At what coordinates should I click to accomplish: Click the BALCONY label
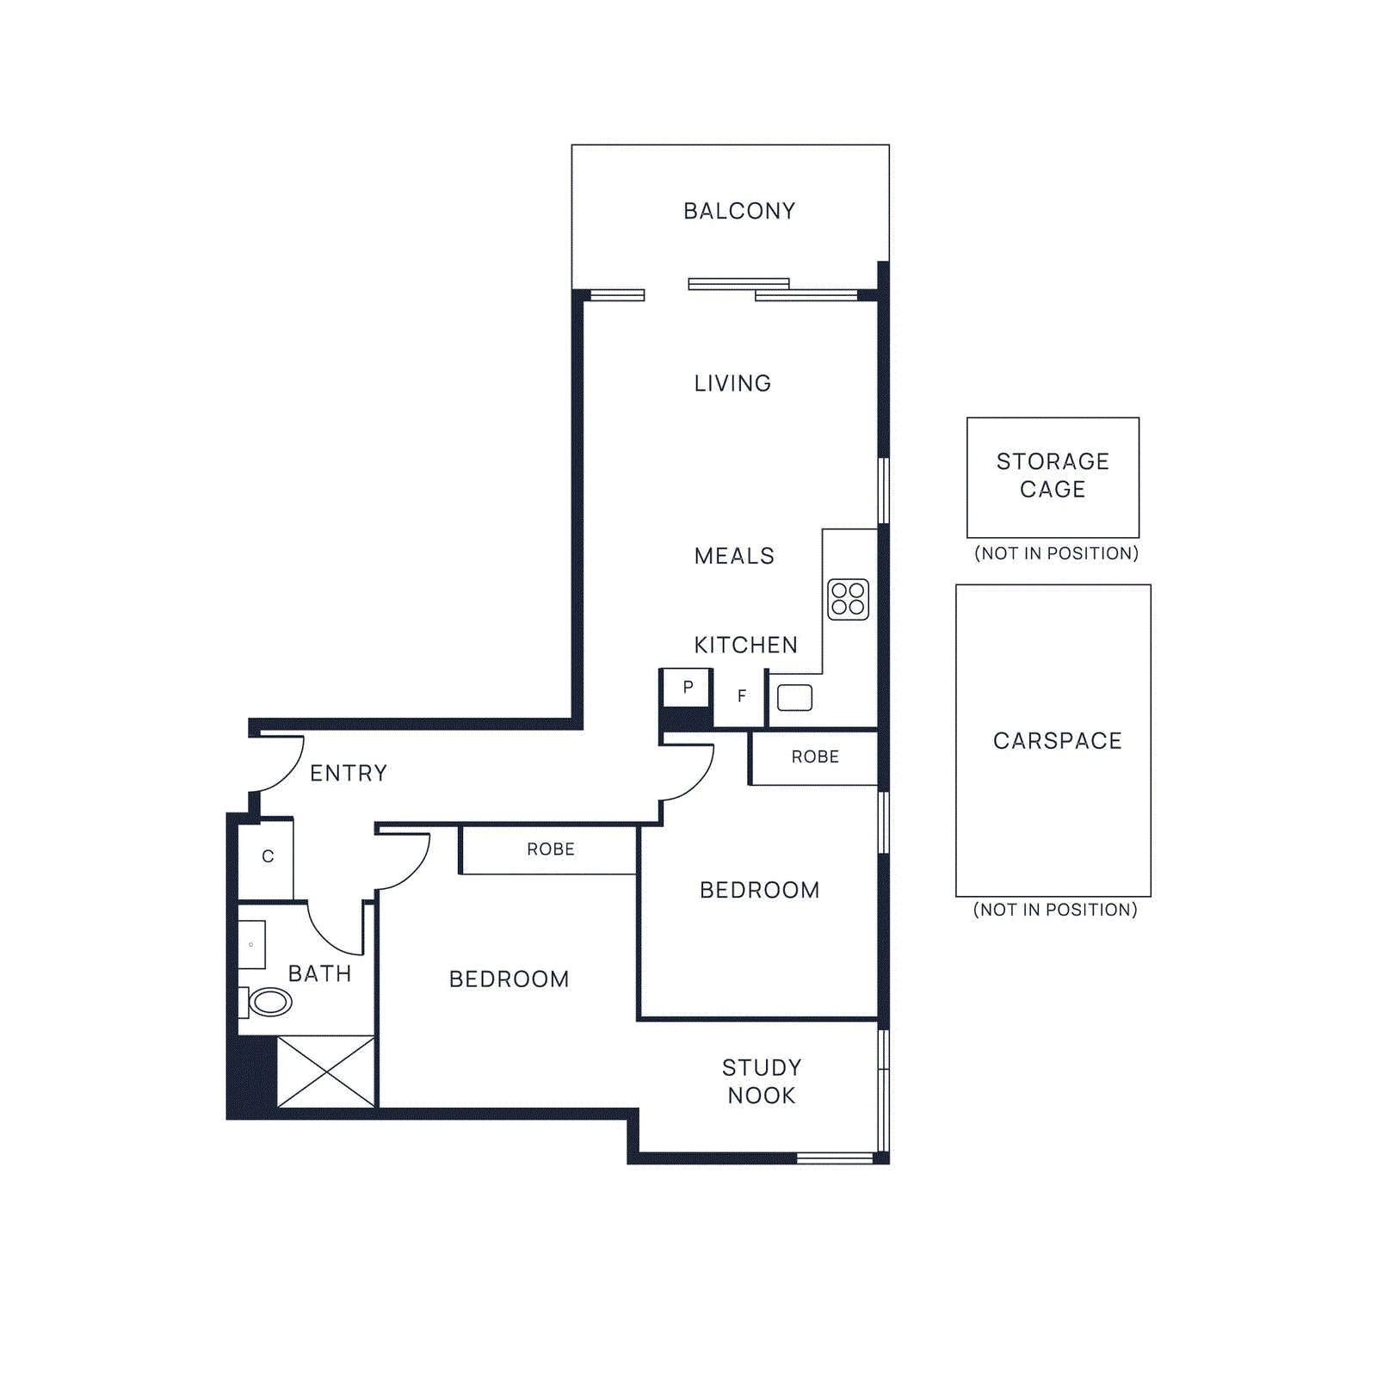739,211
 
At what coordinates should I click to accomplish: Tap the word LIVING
732,383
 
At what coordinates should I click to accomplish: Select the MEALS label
734,556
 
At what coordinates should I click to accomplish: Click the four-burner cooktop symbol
848,599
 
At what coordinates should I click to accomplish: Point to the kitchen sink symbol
794,697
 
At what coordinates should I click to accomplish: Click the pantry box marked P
687,688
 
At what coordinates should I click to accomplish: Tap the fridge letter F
742,696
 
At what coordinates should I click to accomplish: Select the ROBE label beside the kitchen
815,756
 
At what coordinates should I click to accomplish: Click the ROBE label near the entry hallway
551,849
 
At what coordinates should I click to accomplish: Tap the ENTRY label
349,773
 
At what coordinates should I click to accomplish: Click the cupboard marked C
268,857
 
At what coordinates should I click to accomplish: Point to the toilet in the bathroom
269,1002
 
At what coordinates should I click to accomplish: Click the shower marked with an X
325,1071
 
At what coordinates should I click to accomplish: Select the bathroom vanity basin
251,944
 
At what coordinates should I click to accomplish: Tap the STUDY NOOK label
762,1082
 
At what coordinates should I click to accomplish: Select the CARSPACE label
1058,741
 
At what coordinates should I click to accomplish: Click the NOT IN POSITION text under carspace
1055,910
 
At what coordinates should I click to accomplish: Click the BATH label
319,973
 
